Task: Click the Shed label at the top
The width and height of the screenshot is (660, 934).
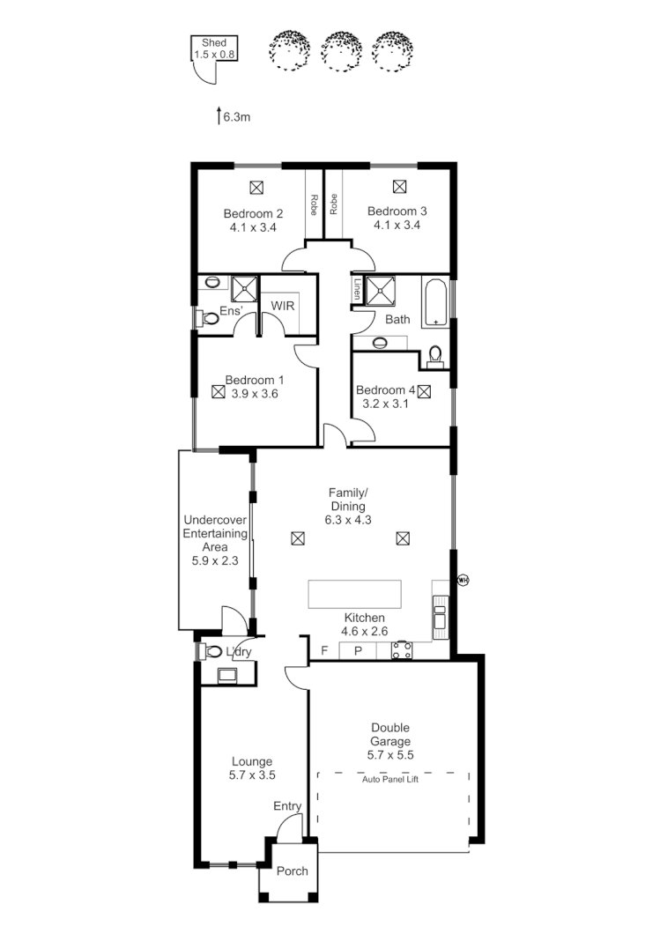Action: point(214,42)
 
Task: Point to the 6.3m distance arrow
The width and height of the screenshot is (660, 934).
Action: point(219,115)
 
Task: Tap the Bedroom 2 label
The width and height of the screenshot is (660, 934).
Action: point(253,213)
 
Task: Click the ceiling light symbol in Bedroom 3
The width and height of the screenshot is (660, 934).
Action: point(399,186)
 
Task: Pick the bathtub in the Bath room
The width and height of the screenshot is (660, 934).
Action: point(435,304)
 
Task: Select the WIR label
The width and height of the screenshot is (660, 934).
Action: point(282,305)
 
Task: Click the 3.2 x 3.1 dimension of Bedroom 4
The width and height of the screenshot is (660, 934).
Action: point(385,405)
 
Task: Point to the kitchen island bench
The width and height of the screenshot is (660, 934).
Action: point(354,594)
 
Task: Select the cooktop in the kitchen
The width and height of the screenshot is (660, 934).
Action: point(403,650)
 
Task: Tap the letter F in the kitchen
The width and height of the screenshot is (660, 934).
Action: point(324,651)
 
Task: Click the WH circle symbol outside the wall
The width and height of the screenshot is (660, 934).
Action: point(462,580)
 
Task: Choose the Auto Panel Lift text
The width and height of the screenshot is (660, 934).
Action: point(389,779)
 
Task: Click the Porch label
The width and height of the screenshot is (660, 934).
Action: point(293,871)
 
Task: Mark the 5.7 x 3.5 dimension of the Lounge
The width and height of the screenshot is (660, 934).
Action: point(252,775)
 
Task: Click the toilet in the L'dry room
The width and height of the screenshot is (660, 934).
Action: point(212,652)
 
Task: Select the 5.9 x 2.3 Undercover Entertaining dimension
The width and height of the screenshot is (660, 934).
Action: point(215,560)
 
